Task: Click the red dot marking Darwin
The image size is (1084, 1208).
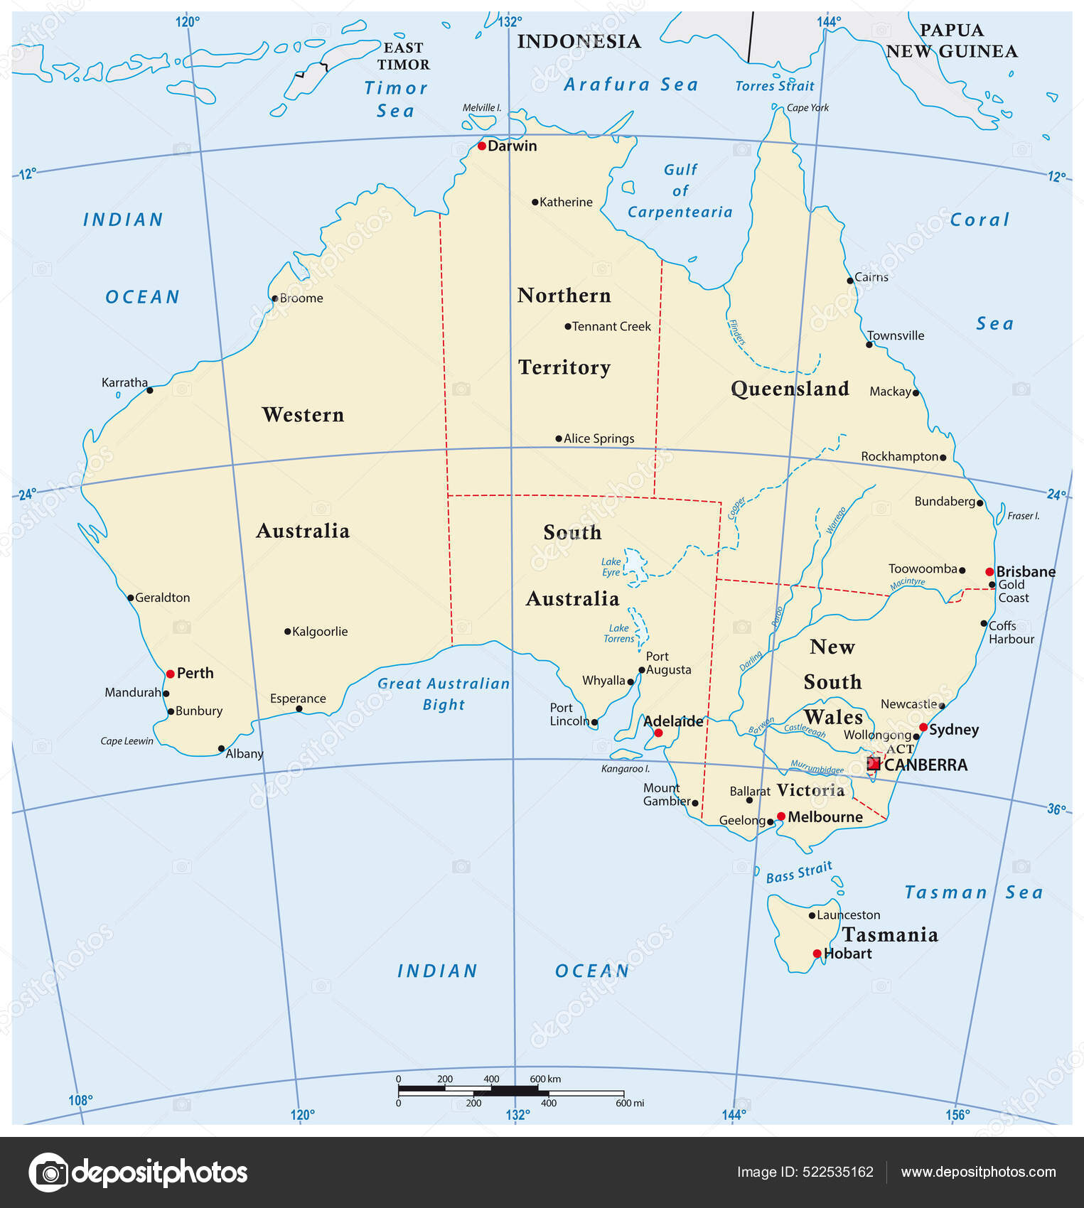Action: [482, 146]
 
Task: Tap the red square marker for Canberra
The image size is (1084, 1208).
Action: [874, 764]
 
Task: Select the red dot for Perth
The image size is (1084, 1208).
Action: [171, 674]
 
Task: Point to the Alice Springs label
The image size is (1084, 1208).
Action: [599, 438]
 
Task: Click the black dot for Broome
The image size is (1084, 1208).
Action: [275, 298]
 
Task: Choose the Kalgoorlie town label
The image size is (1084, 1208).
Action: [320, 631]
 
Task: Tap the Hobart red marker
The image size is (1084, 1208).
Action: [817, 954]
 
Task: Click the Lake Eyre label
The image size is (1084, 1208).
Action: [611, 567]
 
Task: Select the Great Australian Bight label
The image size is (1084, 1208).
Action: [444, 694]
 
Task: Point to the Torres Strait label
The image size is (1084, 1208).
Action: [774, 86]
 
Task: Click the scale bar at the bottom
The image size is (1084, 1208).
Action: [510, 1091]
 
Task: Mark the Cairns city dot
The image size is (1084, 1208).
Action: [850, 281]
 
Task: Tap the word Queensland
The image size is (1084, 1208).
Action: [790, 389]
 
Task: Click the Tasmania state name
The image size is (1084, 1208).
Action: [890, 934]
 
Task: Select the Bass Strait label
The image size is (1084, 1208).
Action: [799, 873]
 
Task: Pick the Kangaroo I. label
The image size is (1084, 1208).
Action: [625, 769]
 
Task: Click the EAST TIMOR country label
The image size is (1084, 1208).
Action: [403, 56]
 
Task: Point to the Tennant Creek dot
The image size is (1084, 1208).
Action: [568, 327]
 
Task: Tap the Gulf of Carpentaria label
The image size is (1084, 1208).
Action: [680, 190]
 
